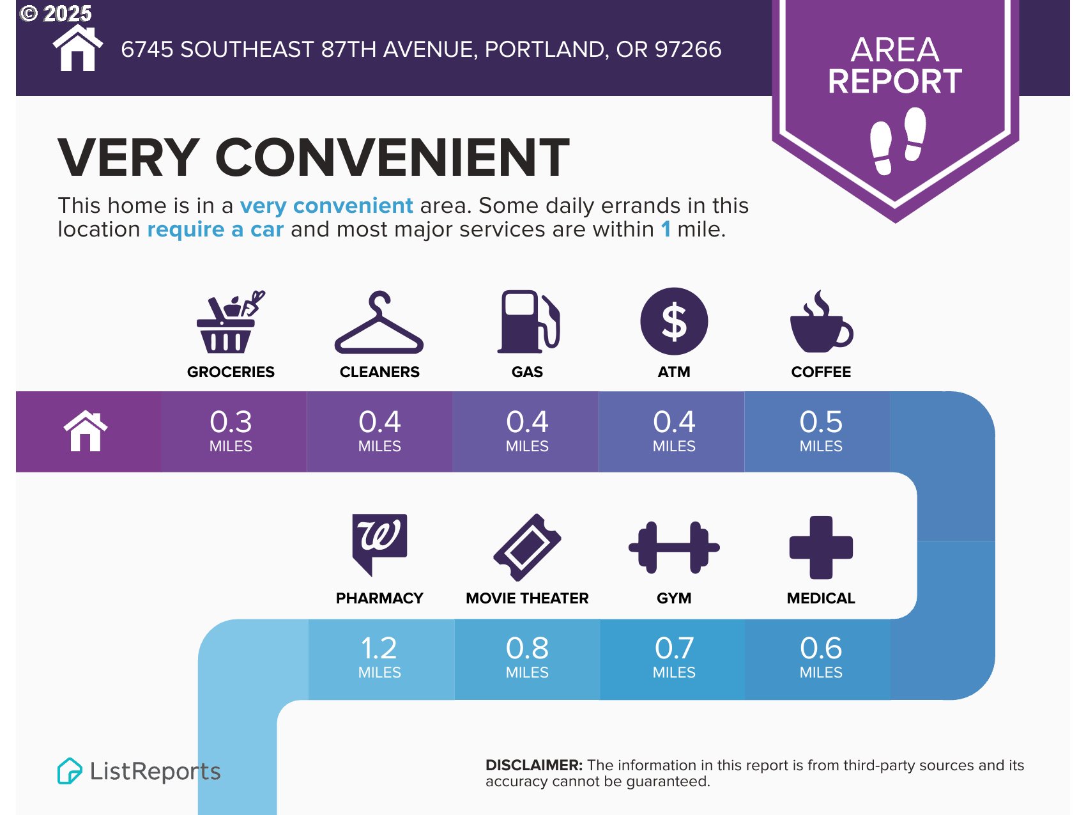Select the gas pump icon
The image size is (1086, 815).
pos(528,322)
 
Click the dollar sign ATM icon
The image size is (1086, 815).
pos(674,321)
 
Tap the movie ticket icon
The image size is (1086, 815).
pos(527,547)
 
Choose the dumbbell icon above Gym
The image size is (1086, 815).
pos(674,547)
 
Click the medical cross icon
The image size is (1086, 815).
pos(821,547)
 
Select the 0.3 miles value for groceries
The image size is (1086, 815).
pos(231,430)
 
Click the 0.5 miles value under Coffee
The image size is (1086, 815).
pos(821,430)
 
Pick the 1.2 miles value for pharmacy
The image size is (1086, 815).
pos(379,656)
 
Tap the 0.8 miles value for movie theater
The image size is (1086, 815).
pos(527,656)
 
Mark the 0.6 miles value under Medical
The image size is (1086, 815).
pos(821,656)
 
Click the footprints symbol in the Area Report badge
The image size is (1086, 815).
pos(898,141)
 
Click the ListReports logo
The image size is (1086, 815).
pos(139,771)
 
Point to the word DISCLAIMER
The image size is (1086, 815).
pos(534,765)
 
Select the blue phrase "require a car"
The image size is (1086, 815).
pos(215,229)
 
